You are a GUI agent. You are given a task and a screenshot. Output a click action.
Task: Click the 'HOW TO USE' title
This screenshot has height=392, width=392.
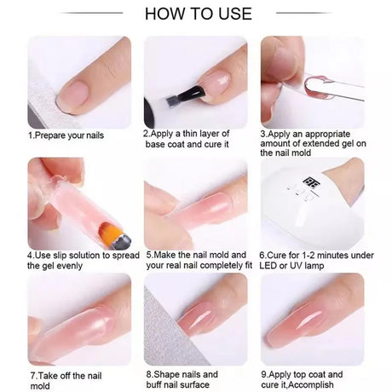199,14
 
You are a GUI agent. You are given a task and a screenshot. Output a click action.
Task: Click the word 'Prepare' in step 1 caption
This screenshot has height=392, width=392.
50,135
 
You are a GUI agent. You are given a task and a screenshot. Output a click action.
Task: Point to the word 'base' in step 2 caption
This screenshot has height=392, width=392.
156,144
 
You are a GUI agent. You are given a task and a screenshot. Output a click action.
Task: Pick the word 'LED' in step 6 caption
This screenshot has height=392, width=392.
268,266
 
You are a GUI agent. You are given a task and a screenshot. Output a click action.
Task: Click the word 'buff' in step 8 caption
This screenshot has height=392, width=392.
155,384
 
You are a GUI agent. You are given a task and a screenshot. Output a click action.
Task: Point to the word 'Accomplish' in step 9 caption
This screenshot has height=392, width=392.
312,385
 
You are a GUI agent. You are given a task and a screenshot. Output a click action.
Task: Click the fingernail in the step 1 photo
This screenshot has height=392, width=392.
73,95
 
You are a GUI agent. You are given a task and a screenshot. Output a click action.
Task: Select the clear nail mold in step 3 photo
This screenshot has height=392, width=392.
334,87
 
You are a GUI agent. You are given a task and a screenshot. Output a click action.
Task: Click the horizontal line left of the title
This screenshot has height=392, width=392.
91,13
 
